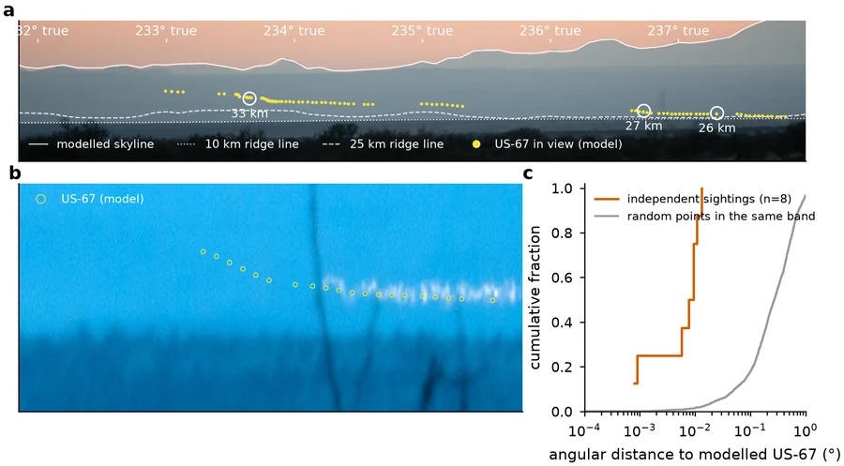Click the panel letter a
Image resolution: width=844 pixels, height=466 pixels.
click(x=8, y=10)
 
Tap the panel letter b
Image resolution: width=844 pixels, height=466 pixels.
click(x=15, y=173)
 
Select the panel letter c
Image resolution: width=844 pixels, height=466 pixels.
click(x=528, y=173)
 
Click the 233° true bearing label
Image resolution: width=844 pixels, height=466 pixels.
click(x=165, y=31)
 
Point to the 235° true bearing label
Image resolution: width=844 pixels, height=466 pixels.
click(x=422, y=31)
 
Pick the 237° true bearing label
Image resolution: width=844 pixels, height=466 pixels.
click(x=678, y=31)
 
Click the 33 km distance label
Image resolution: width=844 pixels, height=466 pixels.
click(x=249, y=113)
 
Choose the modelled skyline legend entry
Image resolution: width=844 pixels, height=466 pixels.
click(x=91, y=144)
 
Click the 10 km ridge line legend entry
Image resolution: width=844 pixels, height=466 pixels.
click(x=238, y=144)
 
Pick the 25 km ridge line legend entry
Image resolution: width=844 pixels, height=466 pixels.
click(x=383, y=144)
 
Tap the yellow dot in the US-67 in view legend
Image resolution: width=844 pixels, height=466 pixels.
click(x=476, y=144)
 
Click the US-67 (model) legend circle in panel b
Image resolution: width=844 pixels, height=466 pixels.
click(x=40, y=199)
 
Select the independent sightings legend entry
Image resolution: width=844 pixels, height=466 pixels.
click(x=693, y=199)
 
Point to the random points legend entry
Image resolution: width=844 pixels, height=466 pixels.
click(x=704, y=217)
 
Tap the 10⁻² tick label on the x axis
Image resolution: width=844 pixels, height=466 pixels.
click(x=695, y=431)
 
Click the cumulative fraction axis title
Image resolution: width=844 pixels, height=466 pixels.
click(x=535, y=297)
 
